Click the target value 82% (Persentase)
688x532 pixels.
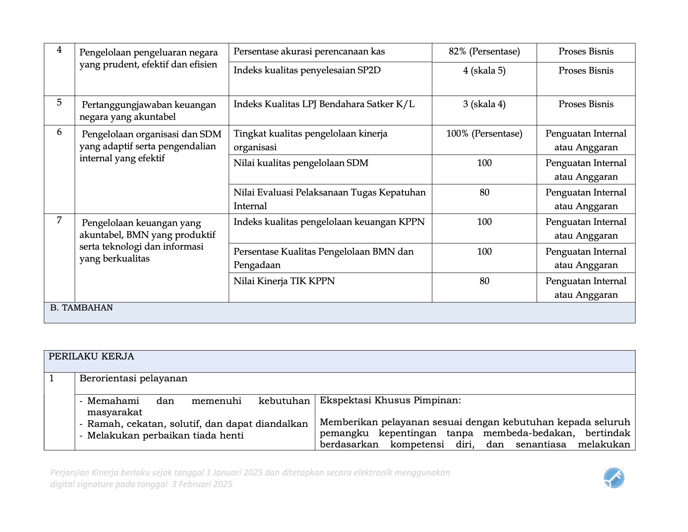484,52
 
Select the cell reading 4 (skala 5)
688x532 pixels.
484,71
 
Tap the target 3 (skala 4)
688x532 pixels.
484,104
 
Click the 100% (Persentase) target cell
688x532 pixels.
484,134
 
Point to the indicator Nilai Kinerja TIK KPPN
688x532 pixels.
284,281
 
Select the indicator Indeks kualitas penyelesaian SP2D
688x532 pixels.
307,71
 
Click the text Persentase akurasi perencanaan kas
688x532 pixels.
309,52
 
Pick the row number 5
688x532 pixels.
59,102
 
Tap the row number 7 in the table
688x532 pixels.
59,220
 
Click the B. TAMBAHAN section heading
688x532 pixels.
81,308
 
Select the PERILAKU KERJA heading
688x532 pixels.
91,357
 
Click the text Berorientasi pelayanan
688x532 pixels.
133,379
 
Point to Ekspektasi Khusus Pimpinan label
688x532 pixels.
390,401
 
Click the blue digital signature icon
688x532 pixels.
614,478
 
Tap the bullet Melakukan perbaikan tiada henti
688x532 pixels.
165,436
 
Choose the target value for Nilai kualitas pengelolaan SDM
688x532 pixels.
484,163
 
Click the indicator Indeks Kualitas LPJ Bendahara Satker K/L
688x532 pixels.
324,104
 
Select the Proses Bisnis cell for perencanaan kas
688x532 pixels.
586,52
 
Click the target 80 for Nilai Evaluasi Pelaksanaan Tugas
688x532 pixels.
484,193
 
